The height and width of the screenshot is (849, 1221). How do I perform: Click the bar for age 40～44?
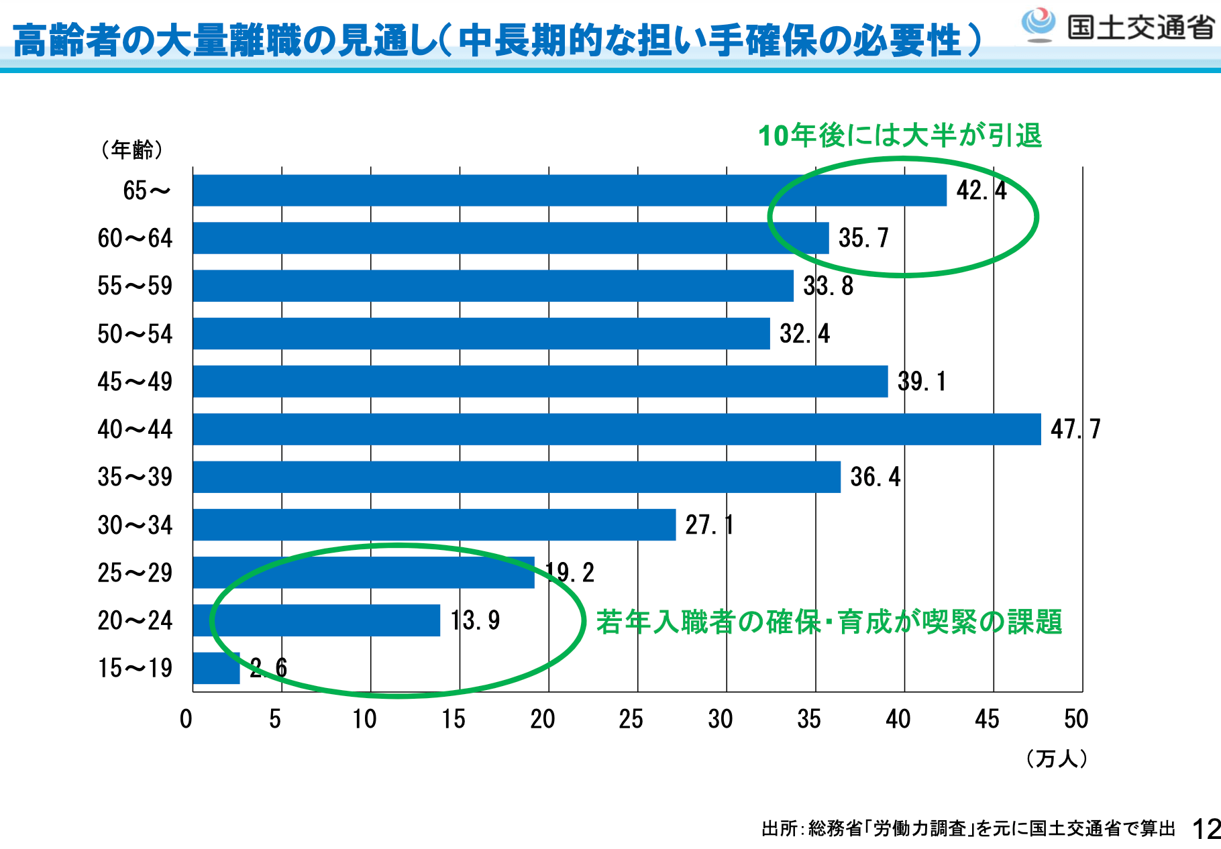coord(617,429)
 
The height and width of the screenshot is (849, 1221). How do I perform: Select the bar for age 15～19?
coord(216,668)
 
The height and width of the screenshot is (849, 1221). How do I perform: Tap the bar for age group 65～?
coord(569,190)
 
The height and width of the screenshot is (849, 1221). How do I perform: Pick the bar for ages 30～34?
coord(434,524)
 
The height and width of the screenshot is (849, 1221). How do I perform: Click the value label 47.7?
coord(1075,429)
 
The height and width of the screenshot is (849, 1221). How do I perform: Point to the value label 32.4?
coord(804,333)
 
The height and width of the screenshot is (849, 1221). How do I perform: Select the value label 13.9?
coord(475,620)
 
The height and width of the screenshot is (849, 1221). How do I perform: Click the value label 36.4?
coord(875,477)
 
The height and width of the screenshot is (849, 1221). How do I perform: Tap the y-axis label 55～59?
coord(135,286)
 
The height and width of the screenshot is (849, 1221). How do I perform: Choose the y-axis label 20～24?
coord(135,620)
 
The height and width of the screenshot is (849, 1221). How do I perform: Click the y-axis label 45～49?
coord(135,382)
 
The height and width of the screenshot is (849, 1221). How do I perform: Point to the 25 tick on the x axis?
coord(631,719)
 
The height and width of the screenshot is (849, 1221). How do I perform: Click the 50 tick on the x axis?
coord(1075,719)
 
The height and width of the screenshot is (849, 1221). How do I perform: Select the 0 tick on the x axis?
coord(186,719)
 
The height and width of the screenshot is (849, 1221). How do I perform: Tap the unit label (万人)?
coord(1056,758)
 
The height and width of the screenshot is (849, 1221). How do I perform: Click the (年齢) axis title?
coord(132,149)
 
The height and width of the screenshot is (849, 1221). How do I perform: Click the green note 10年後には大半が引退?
coord(900,135)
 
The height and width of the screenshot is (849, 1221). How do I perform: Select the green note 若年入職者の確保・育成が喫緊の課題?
coord(829,622)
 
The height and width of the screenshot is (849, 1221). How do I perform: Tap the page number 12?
coord(1206,830)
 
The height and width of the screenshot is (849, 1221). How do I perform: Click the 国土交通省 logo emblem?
coord(1038,25)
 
